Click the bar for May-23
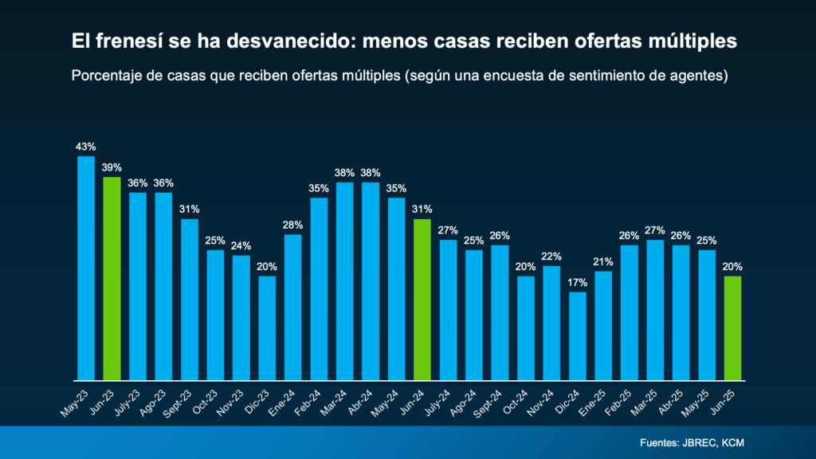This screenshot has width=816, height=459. (x=86, y=268)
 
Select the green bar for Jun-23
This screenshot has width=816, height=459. (x=112, y=278)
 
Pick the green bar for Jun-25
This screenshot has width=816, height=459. (x=732, y=328)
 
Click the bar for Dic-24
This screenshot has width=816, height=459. (x=578, y=335)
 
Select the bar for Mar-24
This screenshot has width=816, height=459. (x=345, y=280)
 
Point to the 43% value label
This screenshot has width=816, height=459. (x=86, y=147)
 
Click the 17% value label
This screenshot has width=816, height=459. (x=578, y=282)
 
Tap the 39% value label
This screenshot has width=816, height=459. (x=112, y=167)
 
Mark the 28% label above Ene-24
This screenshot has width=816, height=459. (x=293, y=225)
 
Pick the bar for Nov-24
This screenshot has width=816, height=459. (x=551, y=323)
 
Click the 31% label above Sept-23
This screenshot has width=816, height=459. (x=190, y=209)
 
